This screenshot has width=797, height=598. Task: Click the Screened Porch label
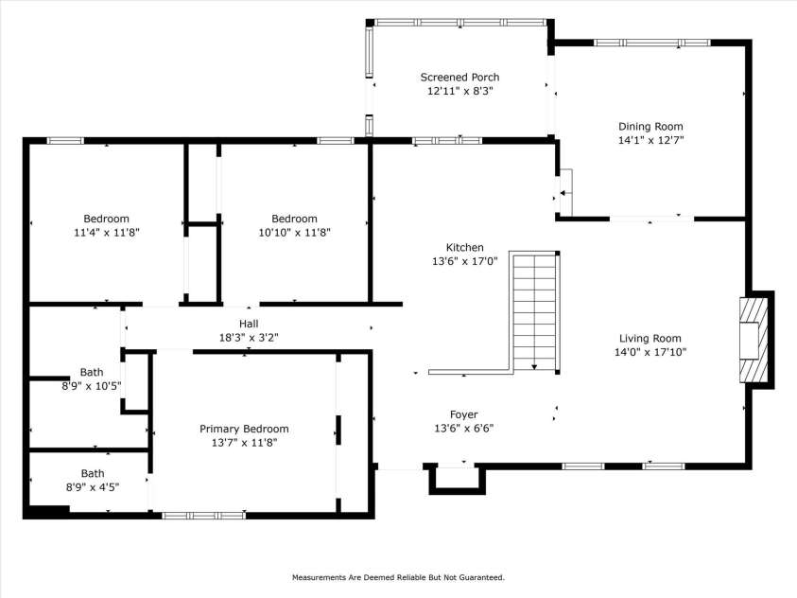pyautogui.click(x=459, y=78)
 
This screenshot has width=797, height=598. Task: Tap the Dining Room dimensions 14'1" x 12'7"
pyautogui.click(x=650, y=139)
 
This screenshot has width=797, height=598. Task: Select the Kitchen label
pyautogui.click(x=465, y=247)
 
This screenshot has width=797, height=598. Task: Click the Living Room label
pyautogui.click(x=650, y=339)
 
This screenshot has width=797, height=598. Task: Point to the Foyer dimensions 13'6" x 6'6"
pyautogui.click(x=463, y=428)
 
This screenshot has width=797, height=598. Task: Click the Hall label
pyautogui.click(x=249, y=323)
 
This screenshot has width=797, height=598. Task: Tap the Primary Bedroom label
pyautogui.click(x=244, y=429)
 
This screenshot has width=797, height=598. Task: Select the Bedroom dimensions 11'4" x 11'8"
pyautogui.click(x=106, y=232)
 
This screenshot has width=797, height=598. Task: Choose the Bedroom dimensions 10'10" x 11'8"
pyautogui.click(x=294, y=232)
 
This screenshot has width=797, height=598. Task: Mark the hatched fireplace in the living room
pyautogui.click(x=754, y=340)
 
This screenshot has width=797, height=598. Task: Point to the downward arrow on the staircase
pyautogui.click(x=535, y=364)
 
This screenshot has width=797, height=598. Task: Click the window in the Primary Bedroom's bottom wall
pyautogui.click(x=204, y=516)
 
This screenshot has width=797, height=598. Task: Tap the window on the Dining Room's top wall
pyautogui.click(x=651, y=43)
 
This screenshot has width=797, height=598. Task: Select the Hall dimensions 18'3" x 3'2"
pyautogui.click(x=249, y=336)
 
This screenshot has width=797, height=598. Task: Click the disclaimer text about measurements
pyautogui.click(x=398, y=577)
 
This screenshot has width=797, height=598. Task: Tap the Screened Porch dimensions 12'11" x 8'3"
pyautogui.click(x=459, y=91)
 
